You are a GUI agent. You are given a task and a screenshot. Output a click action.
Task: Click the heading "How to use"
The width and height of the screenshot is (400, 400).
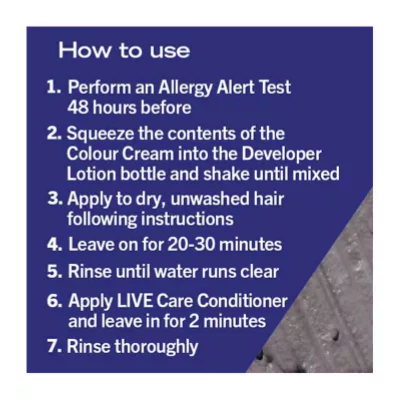point(124,50)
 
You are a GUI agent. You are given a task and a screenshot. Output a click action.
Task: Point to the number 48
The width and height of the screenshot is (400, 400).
point(78,108)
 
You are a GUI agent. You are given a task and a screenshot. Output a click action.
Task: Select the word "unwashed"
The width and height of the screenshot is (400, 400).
point(210,199)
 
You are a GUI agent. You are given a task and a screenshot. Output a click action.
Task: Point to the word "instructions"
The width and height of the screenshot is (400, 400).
point(187,219)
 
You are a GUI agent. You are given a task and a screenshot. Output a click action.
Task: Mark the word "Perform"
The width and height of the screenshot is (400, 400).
point(99,87)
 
